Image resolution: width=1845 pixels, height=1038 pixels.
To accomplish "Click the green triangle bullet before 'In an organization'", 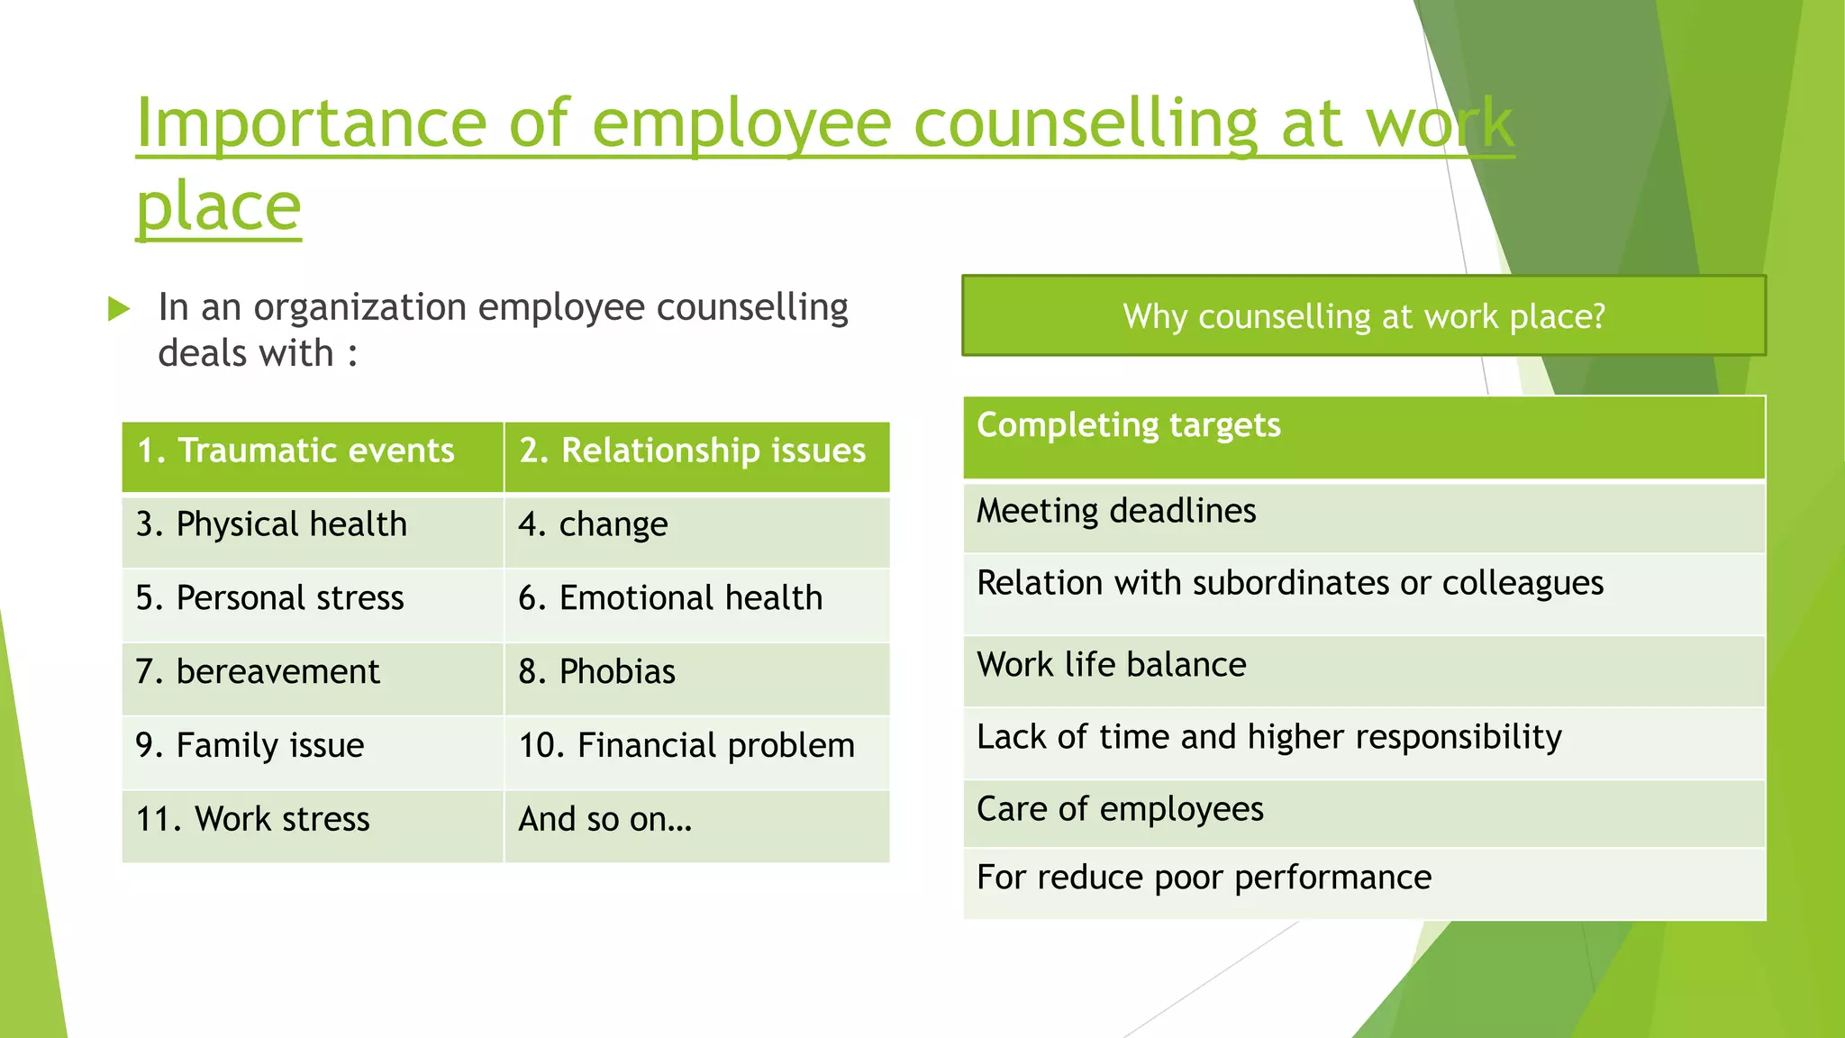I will coord(119,309).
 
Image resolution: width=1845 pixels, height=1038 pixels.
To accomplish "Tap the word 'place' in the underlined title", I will coord(218,206).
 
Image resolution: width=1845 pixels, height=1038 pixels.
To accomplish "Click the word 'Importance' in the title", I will coord(311,123).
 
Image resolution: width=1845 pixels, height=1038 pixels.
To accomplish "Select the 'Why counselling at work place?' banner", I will coord(1363,316).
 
